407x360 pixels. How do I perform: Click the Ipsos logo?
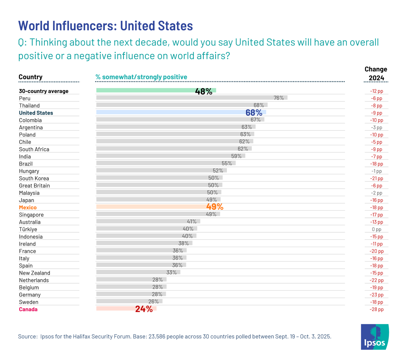374,337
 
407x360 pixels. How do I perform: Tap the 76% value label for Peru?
279,98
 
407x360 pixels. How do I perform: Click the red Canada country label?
28,309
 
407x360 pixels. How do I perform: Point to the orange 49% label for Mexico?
215,207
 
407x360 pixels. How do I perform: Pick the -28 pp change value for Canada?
376,309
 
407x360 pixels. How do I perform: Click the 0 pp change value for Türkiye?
376,229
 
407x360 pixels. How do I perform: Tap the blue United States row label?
36,113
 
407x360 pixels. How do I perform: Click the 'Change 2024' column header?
376,74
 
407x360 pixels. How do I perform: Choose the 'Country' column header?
31,77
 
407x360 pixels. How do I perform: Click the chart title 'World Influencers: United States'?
105,26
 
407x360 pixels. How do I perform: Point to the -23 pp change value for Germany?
376,295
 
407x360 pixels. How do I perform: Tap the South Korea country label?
34,178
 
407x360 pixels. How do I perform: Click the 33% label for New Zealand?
172,272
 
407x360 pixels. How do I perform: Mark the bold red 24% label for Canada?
144,309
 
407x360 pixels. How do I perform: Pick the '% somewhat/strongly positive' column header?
141,77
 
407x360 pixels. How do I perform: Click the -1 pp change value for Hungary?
376,171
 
